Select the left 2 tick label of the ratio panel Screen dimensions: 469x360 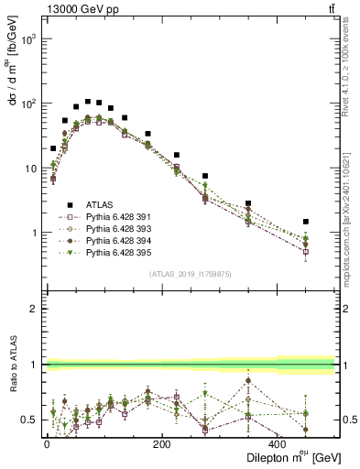37,309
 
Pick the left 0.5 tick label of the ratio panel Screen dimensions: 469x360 33,420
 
